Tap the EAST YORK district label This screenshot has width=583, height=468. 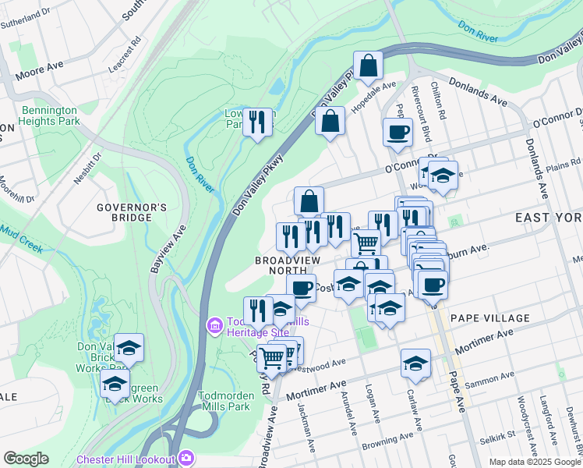549,219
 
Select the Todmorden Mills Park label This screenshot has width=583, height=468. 224,400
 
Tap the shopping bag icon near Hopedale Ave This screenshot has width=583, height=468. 368,66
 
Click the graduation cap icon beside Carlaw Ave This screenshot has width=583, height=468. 416,363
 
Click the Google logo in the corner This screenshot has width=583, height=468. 26,459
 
